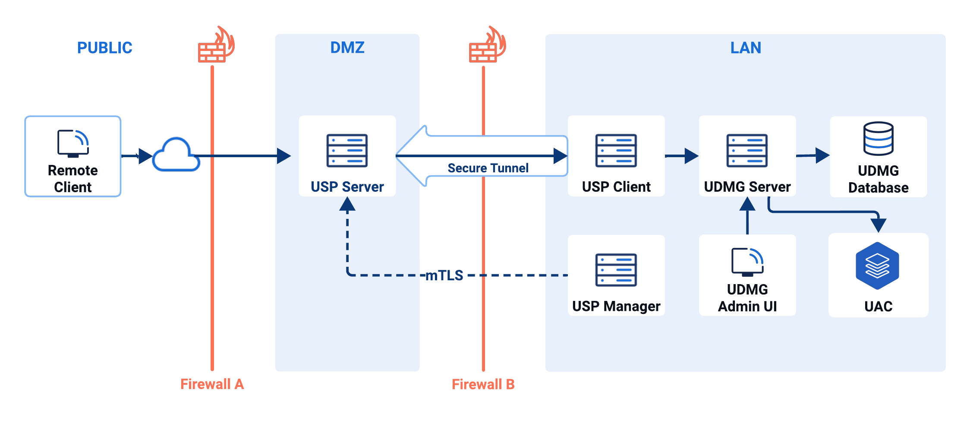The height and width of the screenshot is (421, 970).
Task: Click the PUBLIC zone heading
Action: coord(104,47)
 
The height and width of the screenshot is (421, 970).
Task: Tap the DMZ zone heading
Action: coord(347,47)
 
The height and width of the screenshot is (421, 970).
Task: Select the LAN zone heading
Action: coord(745,47)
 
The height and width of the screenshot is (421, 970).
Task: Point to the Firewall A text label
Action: coord(212,384)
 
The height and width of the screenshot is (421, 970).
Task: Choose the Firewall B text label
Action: coord(483,384)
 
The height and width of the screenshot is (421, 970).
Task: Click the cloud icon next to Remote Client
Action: coord(176,155)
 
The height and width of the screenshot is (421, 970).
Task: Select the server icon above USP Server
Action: coord(347,150)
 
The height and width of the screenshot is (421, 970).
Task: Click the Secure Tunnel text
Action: coord(488,168)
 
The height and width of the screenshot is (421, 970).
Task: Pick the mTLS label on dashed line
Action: coord(444,275)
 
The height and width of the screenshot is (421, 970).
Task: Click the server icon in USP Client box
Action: coord(616,150)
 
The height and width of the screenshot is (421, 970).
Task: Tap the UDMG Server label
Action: coord(747,187)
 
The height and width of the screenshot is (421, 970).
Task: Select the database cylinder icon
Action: coord(878,139)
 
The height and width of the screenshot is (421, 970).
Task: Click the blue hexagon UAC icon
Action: coord(877,266)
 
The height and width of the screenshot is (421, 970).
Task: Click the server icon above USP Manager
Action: coord(616,270)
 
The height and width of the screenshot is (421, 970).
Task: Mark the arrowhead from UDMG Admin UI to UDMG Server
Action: coord(747,204)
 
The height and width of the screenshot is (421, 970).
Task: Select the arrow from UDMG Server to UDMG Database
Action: coord(813,155)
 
